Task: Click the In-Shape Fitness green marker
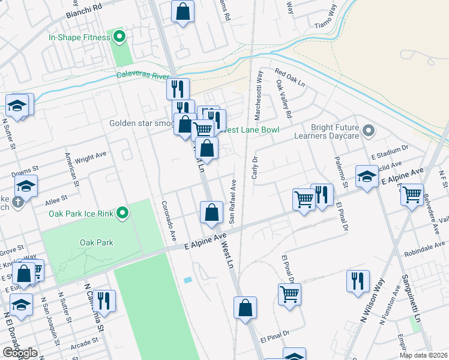click(119, 37)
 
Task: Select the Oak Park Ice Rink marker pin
click(122, 213)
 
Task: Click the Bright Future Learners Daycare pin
click(369, 130)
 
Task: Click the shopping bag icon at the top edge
click(182, 11)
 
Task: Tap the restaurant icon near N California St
click(104, 301)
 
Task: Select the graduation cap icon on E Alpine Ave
click(366, 176)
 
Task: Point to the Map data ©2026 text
click(423, 355)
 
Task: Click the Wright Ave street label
click(91, 157)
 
